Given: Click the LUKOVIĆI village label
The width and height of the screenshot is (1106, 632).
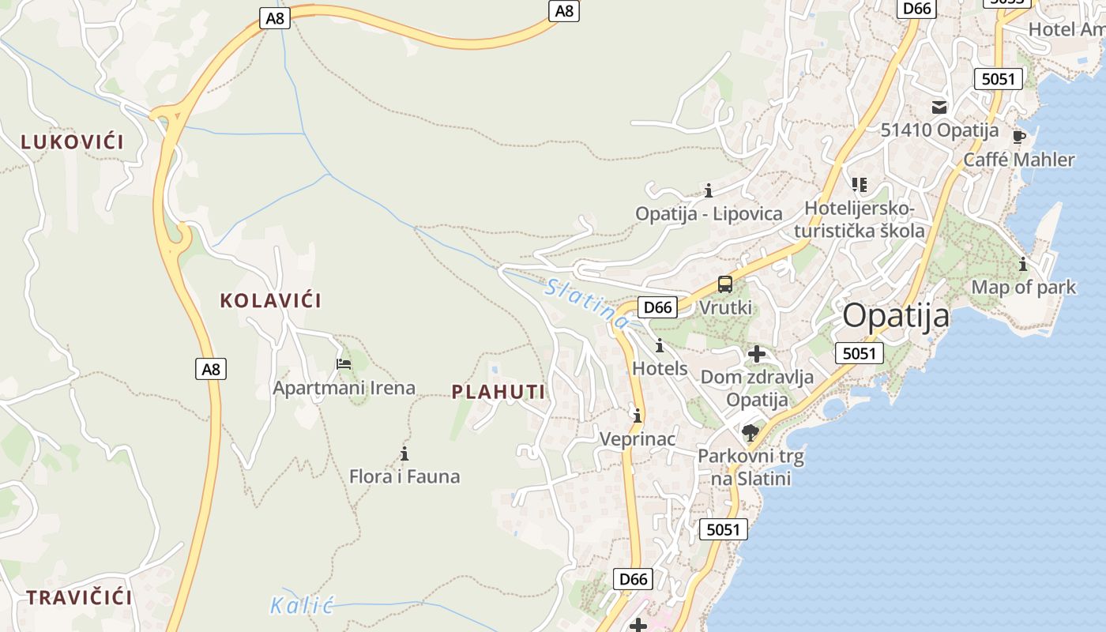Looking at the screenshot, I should pyautogui.click(x=73, y=142).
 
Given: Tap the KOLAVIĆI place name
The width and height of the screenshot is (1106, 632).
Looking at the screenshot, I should pyautogui.click(x=271, y=301).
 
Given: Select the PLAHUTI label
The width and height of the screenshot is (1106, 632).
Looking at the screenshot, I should pyautogui.click(x=498, y=392).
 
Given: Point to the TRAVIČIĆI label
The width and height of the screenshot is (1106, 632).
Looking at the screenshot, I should pyautogui.click(x=79, y=597).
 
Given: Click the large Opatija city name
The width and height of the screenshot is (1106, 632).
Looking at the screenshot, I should pyautogui.click(x=896, y=316).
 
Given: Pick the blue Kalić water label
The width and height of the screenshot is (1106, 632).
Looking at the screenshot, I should pyautogui.click(x=302, y=607).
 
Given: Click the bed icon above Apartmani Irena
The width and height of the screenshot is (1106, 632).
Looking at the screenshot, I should pyautogui.click(x=344, y=364).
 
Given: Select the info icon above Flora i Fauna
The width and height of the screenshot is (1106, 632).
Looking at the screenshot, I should pyautogui.click(x=404, y=453).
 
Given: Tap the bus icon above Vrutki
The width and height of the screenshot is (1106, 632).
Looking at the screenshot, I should pyautogui.click(x=725, y=284).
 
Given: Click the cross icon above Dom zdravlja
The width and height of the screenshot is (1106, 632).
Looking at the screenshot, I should pyautogui.click(x=757, y=353).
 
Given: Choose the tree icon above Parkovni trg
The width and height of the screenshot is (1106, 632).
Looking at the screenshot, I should pyautogui.click(x=750, y=432).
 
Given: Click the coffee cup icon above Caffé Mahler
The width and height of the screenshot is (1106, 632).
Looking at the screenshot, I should pyautogui.click(x=1019, y=136).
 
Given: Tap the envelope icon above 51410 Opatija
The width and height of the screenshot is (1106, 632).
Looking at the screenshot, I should pyautogui.click(x=939, y=107).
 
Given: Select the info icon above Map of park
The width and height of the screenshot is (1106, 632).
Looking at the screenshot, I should pyautogui.click(x=1023, y=264).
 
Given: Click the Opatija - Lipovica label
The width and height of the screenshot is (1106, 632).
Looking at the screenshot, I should pyautogui.click(x=709, y=214).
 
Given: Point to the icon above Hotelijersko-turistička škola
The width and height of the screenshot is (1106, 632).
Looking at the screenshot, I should pyautogui.click(x=860, y=185).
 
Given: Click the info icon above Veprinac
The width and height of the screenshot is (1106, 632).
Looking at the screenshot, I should pyautogui.click(x=638, y=416).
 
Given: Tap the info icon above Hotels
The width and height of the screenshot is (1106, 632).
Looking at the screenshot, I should pyautogui.click(x=660, y=345).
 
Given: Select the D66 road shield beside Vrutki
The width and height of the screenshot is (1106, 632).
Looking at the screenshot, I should pyautogui.click(x=658, y=307).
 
